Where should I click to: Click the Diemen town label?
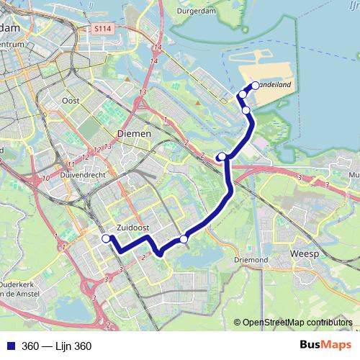(x=133, y=134)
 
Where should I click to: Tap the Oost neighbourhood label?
(x=71, y=101)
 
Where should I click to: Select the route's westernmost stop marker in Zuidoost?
(x=106, y=238)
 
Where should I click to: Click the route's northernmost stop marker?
(x=255, y=86)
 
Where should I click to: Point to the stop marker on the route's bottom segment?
(x=184, y=239)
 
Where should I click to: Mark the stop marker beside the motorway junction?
(x=222, y=156)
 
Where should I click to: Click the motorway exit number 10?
(x=46, y=178)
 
